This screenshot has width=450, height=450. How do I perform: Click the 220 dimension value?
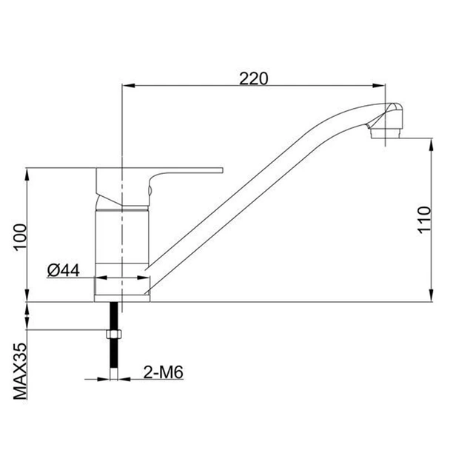click(253, 78)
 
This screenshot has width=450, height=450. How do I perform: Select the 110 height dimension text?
click(423, 220)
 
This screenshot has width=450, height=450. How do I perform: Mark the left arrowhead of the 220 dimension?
click(127, 86)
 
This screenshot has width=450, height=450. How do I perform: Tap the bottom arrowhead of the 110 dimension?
click(433, 298)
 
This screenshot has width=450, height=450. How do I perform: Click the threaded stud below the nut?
click(115, 359)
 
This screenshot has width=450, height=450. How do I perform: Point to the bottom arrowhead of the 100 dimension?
click(28, 298)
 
